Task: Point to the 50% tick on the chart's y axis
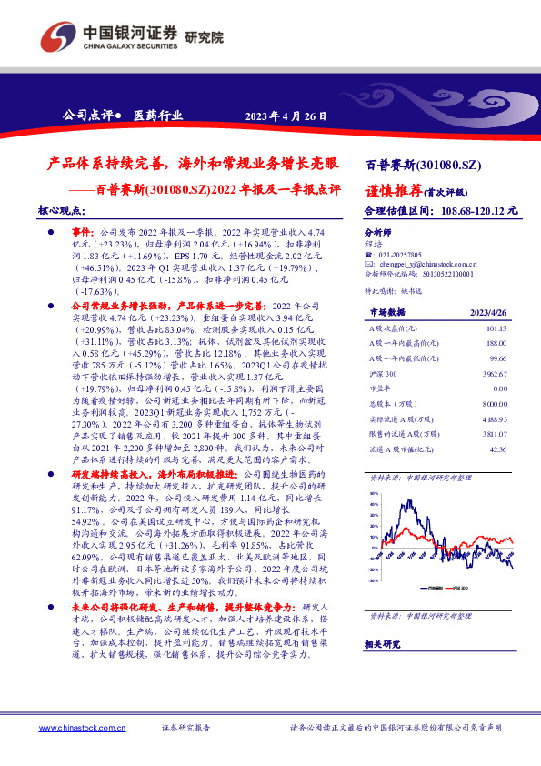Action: [x=373, y=494]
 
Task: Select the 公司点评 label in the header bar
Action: [x=86, y=116]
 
